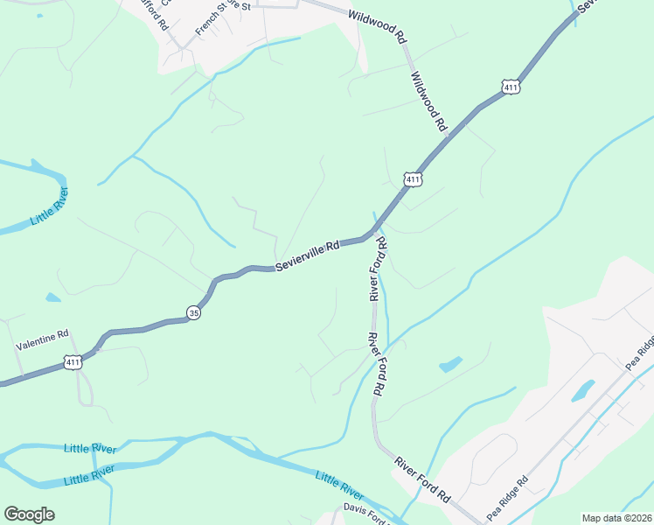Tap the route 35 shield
point(193,312)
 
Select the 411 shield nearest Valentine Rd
point(73,361)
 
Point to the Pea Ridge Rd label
point(509,494)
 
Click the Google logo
point(29,514)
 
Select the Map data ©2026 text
point(616,518)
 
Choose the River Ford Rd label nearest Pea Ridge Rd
point(421,479)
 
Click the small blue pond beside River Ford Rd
point(451,364)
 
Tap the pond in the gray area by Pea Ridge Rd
point(583,390)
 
